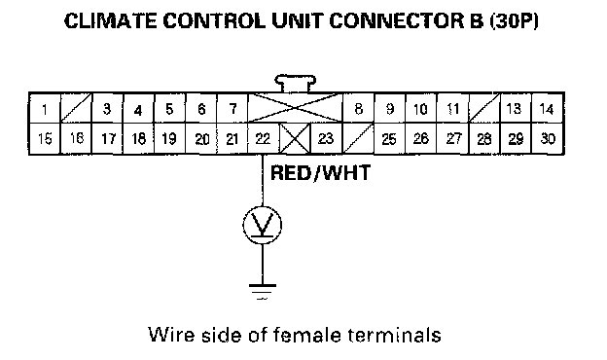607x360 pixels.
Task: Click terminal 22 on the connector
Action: [264, 138]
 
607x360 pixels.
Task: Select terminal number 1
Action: [45, 109]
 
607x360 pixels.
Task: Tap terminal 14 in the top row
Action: [548, 109]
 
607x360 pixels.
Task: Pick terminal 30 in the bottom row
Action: [548, 138]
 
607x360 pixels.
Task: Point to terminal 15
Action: [45, 138]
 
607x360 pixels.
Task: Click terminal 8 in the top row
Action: [359, 109]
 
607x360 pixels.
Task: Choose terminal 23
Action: [326, 138]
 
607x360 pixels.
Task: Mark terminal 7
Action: [232, 109]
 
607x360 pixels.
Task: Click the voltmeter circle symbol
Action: [263, 225]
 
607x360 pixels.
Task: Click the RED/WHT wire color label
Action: [320, 172]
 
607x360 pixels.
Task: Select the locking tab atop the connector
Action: [296, 84]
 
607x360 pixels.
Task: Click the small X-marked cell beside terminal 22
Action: [295, 138]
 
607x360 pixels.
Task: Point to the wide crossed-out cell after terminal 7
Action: [296, 109]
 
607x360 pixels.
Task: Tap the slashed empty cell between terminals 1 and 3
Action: [76, 109]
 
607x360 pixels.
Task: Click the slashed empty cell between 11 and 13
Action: [484, 109]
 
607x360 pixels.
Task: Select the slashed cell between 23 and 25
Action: [358, 138]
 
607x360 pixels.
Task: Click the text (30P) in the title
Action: [514, 20]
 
